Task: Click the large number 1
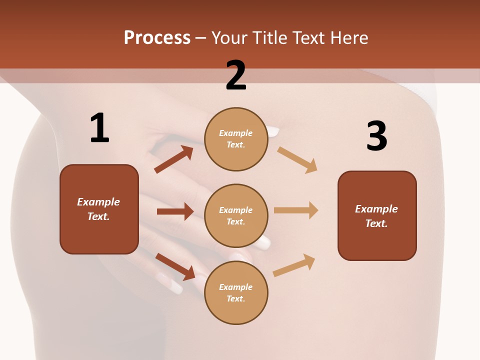click(x=99, y=128)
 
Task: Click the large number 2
click(x=236, y=75)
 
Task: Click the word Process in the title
click(x=157, y=37)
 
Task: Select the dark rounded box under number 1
click(x=99, y=209)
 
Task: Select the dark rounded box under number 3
click(x=377, y=215)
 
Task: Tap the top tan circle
click(x=236, y=139)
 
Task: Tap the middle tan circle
click(x=236, y=215)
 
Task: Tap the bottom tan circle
click(x=236, y=292)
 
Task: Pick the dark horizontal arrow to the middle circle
click(x=175, y=211)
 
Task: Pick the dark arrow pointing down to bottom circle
click(x=175, y=266)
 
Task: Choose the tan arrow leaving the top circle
click(x=297, y=159)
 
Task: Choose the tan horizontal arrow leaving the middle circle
click(x=296, y=210)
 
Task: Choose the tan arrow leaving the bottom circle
click(x=294, y=265)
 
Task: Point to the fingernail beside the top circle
click(x=273, y=131)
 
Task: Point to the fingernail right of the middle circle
click(x=263, y=242)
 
